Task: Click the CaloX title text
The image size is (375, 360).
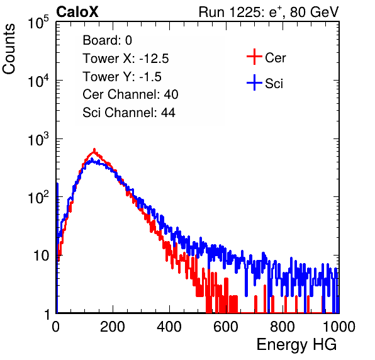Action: (x=77, y=12)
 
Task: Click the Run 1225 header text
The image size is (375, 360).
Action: (x=269, y=12)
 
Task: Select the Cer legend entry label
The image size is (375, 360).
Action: (x=275, y=58)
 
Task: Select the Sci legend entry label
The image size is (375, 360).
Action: (x=274, y=84)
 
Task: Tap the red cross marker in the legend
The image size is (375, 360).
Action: (x=254, y=57)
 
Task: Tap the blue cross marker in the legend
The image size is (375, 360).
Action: (x=254, y=82)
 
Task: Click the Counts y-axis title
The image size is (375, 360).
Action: (x=9, y=49)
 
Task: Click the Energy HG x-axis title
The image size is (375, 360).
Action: (x=296, y=345)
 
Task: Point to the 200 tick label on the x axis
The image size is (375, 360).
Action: (x=113, y=327)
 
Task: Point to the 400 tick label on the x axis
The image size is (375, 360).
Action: (x=169, y=327)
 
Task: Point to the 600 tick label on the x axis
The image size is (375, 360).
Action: (x=226, y=327)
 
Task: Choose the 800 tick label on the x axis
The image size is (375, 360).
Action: (x=283, y=327)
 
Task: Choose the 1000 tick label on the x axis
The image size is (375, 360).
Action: (x=339, y=327)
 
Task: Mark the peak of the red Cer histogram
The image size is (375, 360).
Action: (x=94, y=150)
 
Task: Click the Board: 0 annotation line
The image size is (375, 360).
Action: (x=107, y=40)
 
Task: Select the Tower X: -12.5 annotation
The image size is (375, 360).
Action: (x=126, y=59)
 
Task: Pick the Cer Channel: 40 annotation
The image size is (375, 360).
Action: (x=130, y=94)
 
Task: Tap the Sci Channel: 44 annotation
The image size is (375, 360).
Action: (x=129, y=113)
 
